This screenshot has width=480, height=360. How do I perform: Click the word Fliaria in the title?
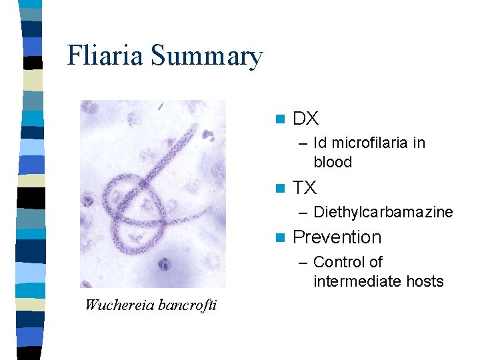point(105,56)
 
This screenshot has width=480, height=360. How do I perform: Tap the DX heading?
point(306,119)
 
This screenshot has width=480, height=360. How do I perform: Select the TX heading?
point(305,188)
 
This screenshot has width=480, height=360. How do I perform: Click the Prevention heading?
point(337,237)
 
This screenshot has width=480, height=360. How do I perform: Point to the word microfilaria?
point(378,143)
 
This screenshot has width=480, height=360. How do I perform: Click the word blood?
point(333,162)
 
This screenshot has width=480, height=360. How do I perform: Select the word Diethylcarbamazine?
point(383,212)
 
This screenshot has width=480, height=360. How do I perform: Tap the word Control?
point(339,262)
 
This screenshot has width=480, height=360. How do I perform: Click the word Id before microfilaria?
point(320,143)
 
